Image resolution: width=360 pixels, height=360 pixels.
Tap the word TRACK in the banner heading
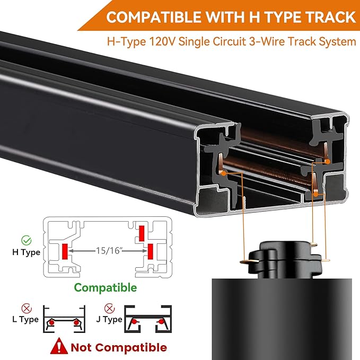click(x=330, y=17)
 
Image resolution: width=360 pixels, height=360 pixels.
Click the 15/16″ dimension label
click(x=109, y=250)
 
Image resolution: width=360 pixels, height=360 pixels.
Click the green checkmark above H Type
click(x=27, y=240)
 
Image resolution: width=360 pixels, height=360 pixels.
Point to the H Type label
click(x=26, y=252)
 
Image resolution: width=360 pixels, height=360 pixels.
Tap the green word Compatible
click(x=106, y=287)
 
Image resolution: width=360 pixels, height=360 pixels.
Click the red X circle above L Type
click(x=27, y=308)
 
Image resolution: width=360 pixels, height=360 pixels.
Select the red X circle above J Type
click(x=109, y=308)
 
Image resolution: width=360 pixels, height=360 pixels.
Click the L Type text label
click(x=25, y=319)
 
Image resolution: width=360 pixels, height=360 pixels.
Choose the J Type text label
click(x=109, y=319)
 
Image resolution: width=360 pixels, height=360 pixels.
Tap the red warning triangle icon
click(x=59, y=346)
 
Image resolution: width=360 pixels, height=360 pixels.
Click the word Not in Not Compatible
click(x=81, y=347)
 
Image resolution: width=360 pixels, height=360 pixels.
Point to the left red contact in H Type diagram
click(x=65, y=252)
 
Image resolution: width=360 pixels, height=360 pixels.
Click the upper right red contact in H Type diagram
click(x=142, y=233)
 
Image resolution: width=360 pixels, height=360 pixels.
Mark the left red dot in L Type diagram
click(x=51, y=322)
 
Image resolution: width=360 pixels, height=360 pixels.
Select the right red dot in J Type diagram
click(x=162, y=321)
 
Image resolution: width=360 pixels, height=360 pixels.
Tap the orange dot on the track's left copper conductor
click(x=223, y=173)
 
